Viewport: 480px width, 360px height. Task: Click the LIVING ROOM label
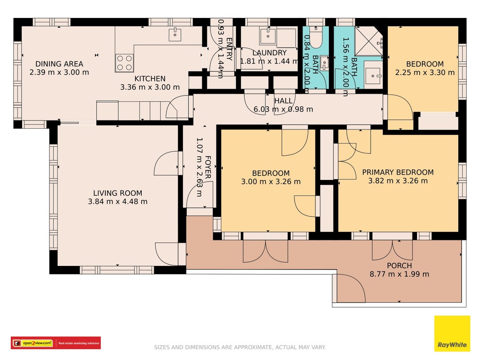click(x=117, y=193)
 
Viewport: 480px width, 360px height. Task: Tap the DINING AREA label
click(x=59, y=64)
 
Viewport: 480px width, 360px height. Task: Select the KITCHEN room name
click(x=150, y=79)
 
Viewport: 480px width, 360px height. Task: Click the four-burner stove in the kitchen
click(x=125, y=63)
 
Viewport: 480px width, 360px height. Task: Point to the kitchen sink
click(x=175, y=34)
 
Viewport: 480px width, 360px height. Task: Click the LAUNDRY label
click(x=269, y=53)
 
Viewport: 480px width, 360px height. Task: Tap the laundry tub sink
click(x=268, y=36)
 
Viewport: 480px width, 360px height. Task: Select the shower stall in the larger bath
click(x=368, y=41)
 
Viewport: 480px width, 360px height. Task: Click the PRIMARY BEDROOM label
click(x=398, y=172)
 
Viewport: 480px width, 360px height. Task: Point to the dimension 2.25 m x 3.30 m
click(x=425, y=72)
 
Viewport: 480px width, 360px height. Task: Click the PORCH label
click(x=399, y=265)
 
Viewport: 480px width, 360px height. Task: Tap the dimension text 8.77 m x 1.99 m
click(x=399, y=274)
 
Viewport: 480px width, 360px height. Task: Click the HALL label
click(x=283, y=101)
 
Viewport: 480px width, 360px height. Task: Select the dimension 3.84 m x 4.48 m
click(x=117, y=202)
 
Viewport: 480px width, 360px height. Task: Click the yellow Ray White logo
click(x=452, y=333)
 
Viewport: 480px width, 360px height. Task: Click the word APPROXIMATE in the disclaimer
click(x=253, y=347)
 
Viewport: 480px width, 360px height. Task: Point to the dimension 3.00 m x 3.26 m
click(x=271, y=181)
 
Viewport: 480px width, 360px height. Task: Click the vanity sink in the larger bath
click(x=373, y=75)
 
